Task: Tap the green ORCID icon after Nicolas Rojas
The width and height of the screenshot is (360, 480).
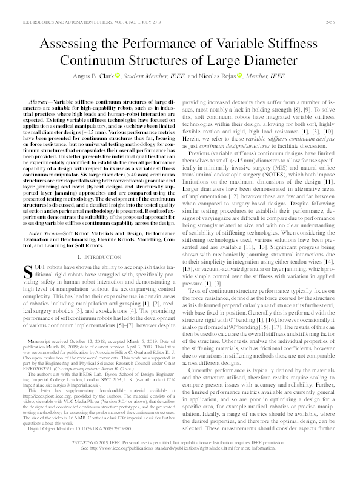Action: [x=240, y=76]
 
